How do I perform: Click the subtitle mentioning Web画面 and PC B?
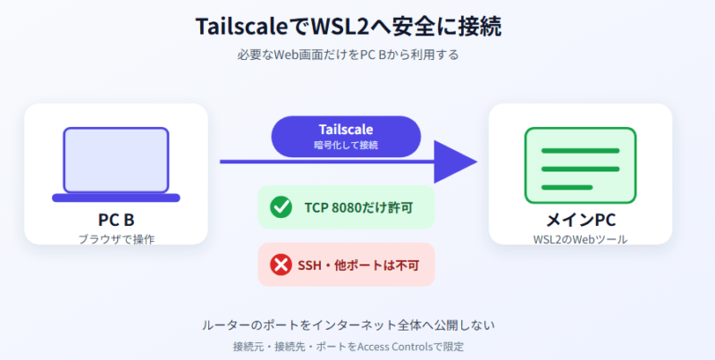tap(348, 55)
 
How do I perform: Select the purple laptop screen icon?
tap(116, 161)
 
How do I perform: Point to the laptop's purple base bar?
tap(116, 197)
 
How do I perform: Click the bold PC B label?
tap(116, 220)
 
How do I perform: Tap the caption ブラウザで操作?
tap(116, 239)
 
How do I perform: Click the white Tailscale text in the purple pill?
tap(346, 130)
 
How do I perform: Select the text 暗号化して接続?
tap(346, 146)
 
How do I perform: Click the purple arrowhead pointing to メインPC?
tap(455, 162)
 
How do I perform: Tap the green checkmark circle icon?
tap(281, 207)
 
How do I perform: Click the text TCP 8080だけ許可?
tap(358, 207)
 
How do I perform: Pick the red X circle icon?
tap(281, 264)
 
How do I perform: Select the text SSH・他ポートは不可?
tap(358, 264)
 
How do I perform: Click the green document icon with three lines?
tap(580, 165)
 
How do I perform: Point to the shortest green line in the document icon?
tap(567, 188)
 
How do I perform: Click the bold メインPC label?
tap(580, 220)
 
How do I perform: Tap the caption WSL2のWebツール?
tap(580, 239)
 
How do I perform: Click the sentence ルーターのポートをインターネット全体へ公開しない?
tap(349, 325)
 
